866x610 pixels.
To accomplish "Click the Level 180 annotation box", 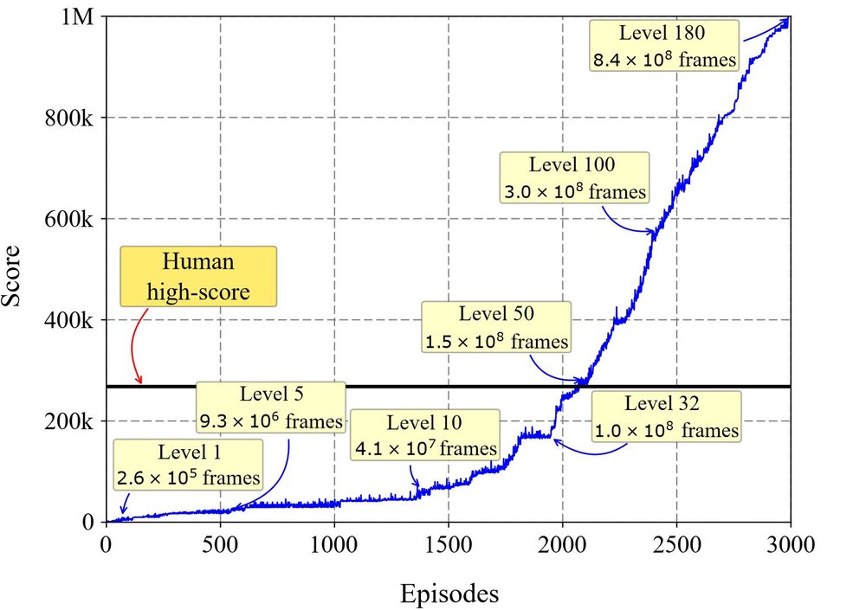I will click(x=665, y=46).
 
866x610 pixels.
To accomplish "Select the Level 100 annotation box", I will click(x=575, y=177).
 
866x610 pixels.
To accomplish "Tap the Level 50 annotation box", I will click(x=497, y=327).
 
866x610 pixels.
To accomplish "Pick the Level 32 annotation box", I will click(x=667, y=416).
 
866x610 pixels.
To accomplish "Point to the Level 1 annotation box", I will click(x=187, y=464).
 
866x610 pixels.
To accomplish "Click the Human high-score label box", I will click(x=198, y=276).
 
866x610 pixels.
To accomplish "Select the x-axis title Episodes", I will click(x=449, y=594).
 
